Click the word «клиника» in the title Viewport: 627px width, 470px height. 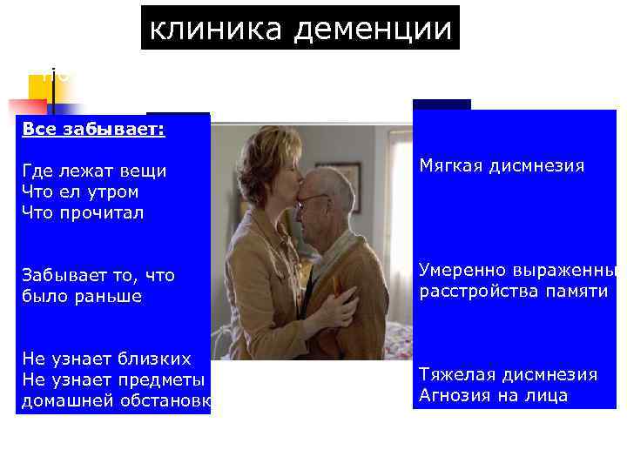pyautogui.click(x=218, y=29)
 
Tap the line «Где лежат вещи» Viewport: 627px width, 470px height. pyautogui.click(x=94, y=171)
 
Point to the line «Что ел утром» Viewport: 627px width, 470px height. pyautogui.click(x=80, y=191)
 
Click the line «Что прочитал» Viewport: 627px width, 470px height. pyautogui.click(x=83, y=211)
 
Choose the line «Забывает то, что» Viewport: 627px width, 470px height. pyautogui.click(x=98, y=276)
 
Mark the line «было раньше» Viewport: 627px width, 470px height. pyautogui.click(x=81, y=296)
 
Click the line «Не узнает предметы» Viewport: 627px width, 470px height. pyautogui.click(x=113, y=379)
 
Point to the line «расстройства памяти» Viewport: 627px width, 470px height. pyautogui.click(x=513, y=291)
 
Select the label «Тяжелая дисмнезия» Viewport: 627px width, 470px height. pyautogui.click(x=509, y=374)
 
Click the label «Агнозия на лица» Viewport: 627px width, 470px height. pyautogui.click(x=494, y=395)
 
